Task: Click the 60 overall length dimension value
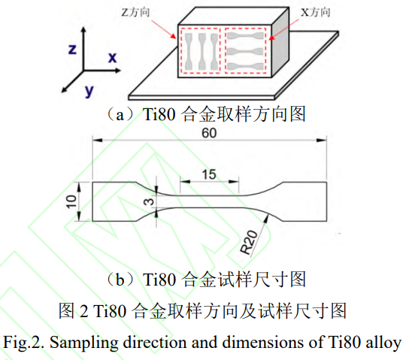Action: [x=209, y=133]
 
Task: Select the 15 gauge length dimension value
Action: [x=209, y=174]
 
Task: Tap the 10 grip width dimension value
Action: [x=71, y=201]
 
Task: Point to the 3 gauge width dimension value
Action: [x=149, y=201]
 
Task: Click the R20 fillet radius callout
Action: [x=249, y=242]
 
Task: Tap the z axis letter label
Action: [x=72, y=49]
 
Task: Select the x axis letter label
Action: [x=112, y=57]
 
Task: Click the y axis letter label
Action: [x=89, y=91]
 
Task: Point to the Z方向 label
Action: [x=135, y=12]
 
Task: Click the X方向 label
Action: [x=315, y=12]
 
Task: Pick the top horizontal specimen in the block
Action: [x=245, y=36]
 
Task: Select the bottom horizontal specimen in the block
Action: [x=245, y=66]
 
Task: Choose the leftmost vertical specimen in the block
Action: [x=189, y=52]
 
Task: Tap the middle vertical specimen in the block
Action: [x=202, y=52]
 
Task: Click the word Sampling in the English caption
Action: [x=84, y=343]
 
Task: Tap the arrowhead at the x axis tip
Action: [x=117, y=70]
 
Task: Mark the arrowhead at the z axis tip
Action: [x=83, y=29]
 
